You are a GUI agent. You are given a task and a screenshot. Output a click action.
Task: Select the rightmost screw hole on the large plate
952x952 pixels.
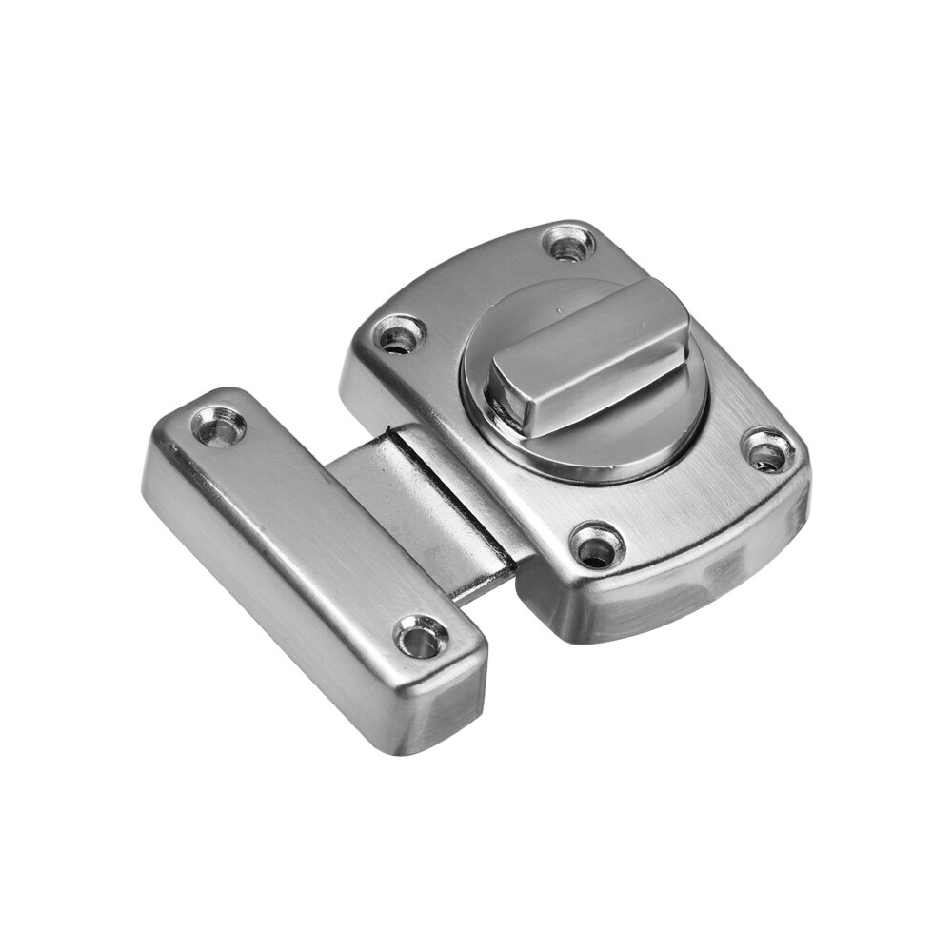point(766,451)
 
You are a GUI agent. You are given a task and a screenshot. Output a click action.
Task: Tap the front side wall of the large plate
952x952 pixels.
point(666,590)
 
